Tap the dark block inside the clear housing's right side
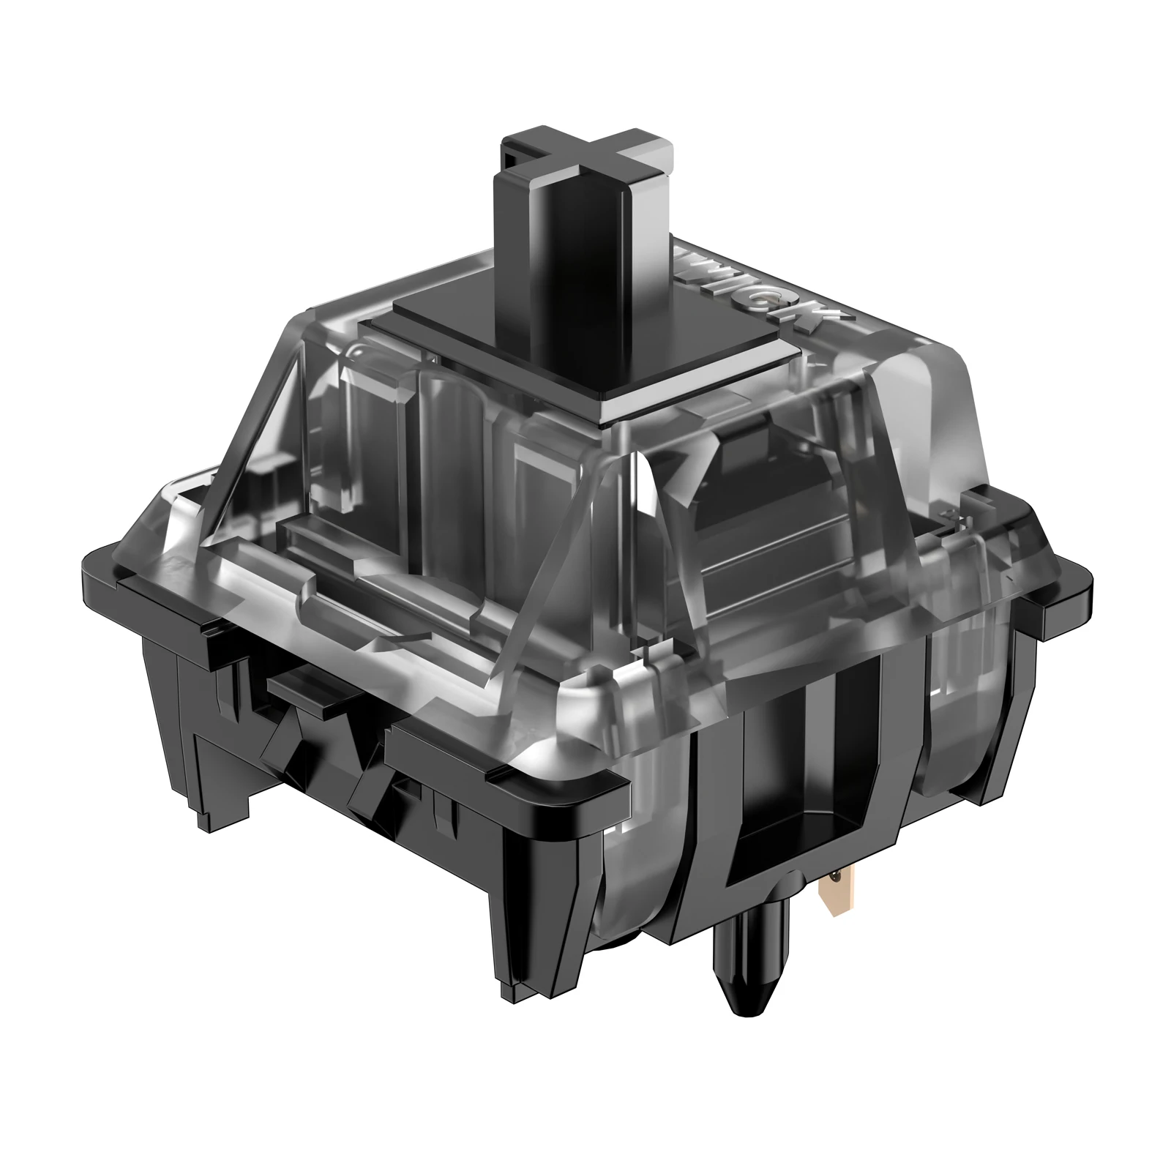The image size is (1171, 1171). click(x=747, y=454)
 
